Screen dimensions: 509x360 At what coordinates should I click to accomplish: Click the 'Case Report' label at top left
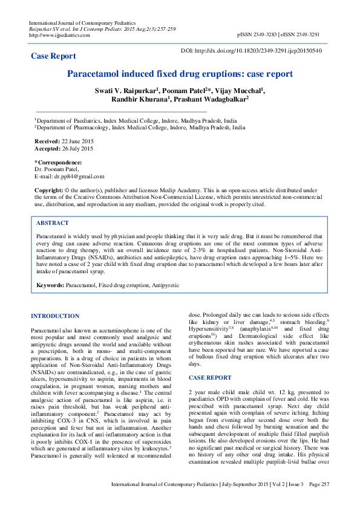click(x=53, y=56)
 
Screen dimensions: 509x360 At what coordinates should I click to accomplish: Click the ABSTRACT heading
click(x=53, y=223)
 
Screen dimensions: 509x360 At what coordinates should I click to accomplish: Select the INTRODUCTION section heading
click(x=55, y=316)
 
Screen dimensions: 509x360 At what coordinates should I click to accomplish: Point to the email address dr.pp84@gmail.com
click(x=79, y=177)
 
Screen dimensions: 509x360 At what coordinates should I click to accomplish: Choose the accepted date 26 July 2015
click(x=73, y=148)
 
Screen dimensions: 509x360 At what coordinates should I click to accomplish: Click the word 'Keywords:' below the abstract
click(x=50, y=284)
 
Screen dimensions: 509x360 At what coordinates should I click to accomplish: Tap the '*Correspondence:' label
click(x=58, y=163)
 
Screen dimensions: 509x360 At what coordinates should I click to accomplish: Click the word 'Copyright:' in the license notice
click(x=49, y=190)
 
